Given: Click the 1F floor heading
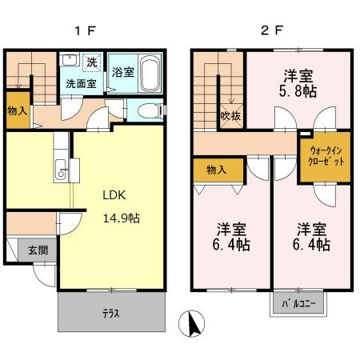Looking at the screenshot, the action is [85, 31].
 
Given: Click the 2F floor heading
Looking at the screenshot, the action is [272, 30].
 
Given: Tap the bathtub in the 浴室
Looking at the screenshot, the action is [150, 74].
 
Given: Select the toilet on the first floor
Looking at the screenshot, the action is [150, 110].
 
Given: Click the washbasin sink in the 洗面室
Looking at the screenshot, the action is [70, 60].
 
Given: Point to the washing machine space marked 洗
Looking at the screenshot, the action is [92, 62].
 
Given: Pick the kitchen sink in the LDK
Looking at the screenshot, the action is [61, 170].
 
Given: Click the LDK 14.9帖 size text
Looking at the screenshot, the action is [122, 218].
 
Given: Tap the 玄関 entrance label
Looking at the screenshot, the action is [38, 250].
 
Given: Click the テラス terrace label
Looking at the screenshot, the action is [111, 314].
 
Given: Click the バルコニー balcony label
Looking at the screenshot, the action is [298, 303].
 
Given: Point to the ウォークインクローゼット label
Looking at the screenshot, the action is [326, 156].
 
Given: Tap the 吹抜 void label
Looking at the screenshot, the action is [231, 116].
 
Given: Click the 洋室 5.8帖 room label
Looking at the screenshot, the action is [298, 83].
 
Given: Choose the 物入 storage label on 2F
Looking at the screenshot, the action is [217, 170].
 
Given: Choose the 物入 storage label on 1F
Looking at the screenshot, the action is [18, 110].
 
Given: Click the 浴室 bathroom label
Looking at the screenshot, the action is [123, 72].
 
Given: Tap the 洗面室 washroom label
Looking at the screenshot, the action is [81, 84].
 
